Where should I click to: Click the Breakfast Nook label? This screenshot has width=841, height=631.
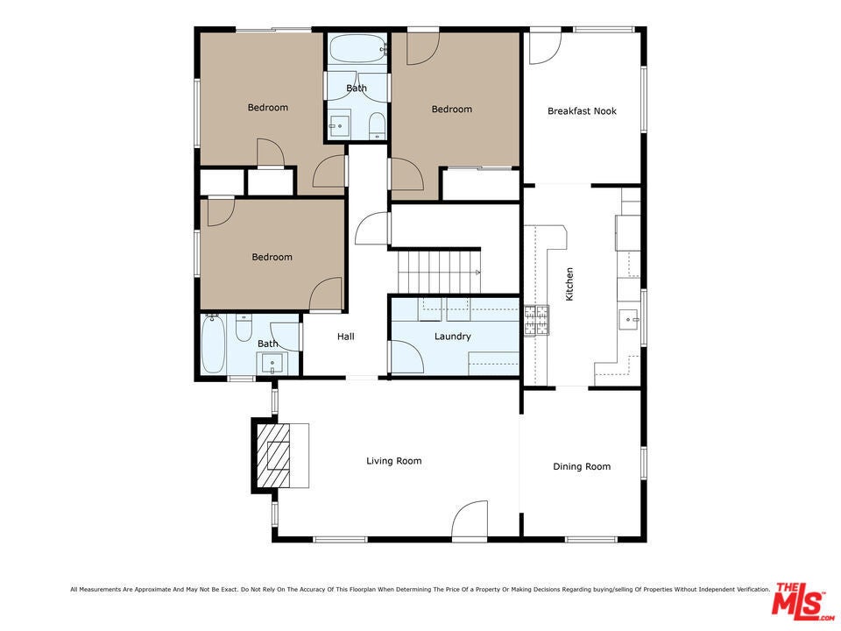pos(582,111)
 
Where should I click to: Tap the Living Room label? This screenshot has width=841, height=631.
pos(393,461)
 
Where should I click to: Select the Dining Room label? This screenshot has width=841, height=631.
pos(582,467)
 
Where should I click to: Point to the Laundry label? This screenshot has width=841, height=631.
pos(453,337)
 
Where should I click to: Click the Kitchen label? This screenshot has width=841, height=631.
pos(569,284)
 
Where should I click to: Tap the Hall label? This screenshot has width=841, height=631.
pos(346,337)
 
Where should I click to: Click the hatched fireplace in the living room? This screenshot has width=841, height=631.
pos(273,456)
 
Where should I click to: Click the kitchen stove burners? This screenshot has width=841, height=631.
pos(536,321)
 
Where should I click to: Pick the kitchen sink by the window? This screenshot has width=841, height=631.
pos(630,319)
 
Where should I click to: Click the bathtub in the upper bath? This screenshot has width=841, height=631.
pos(357,48)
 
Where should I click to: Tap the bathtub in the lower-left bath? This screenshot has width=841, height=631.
pos(213,344)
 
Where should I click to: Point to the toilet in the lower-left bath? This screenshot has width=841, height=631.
pos(244,328)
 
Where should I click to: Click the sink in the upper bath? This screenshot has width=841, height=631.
pos(340,125)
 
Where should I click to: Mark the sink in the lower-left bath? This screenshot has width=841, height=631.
pos(272,363)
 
